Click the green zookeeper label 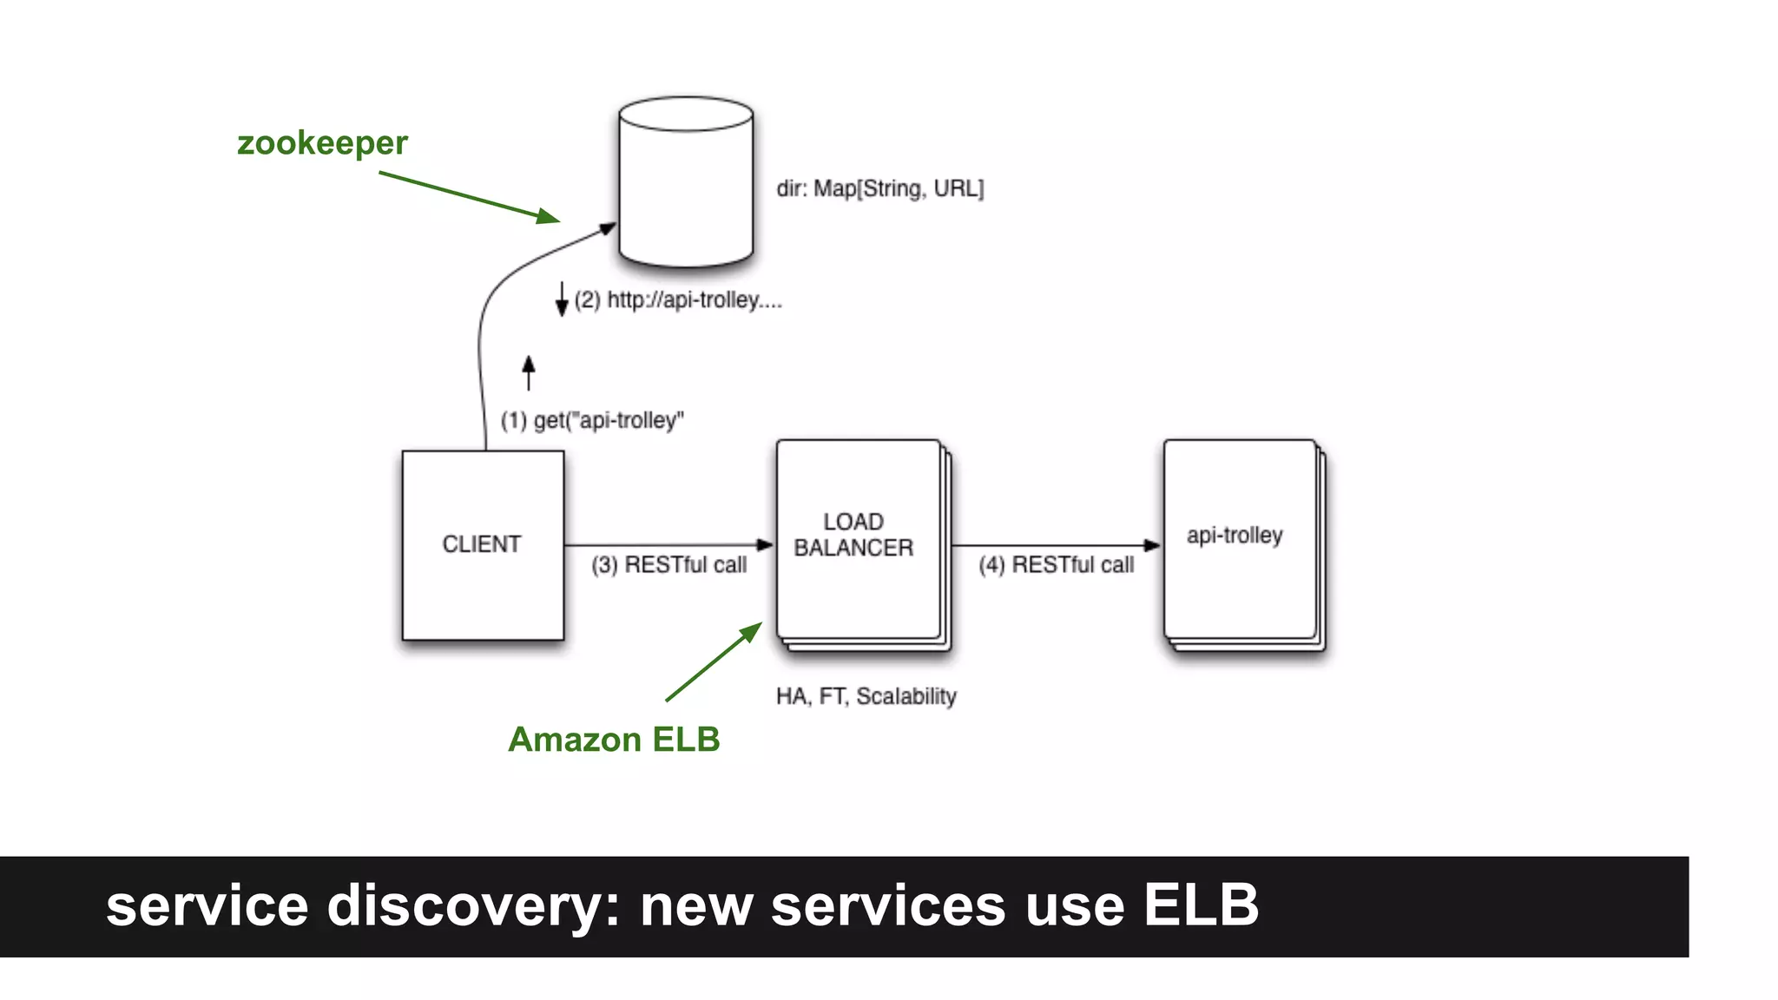(322, 143)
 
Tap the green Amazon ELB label (614, 740)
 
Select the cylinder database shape (686, 182)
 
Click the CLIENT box (483, 544)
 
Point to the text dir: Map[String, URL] (879, 188)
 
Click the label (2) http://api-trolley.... (678, 300)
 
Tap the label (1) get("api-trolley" (592, 421)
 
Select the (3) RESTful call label (668, 565)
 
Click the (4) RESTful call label (1056, 565)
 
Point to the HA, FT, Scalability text (866, 696)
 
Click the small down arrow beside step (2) (562, 299)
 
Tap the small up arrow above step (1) (529, 372)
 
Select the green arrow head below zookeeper (548, 215)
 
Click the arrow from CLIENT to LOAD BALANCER (668, 545)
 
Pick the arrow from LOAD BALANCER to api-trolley (1056, 545)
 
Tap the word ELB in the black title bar (1201, 905)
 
